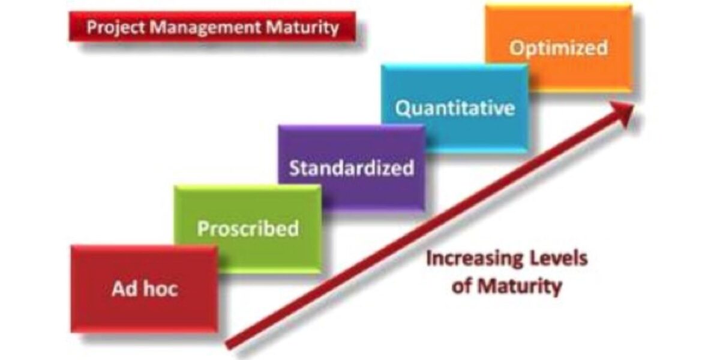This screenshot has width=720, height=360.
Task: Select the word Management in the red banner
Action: point(205,28)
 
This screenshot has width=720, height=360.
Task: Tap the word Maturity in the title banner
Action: point(302,28)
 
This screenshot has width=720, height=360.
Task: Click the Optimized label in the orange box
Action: point(559,48)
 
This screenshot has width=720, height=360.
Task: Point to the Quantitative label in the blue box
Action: point(455,108)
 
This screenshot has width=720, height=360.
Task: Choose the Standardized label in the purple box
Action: point(352,168)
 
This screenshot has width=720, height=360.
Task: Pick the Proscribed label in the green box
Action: point(248,228)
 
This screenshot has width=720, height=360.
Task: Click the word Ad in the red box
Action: point(124,289)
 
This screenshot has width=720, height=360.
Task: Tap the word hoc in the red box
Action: point(161,289)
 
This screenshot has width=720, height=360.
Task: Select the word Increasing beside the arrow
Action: point(470,259)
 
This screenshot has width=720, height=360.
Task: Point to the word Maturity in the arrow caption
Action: point(520,286)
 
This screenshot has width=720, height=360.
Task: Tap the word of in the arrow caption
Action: point(462,286)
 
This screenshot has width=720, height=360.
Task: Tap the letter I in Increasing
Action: point(429,259)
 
